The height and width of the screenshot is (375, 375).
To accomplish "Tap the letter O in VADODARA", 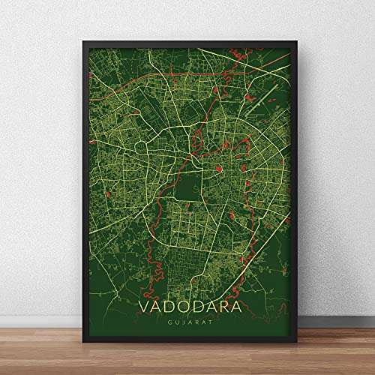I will point(169,310).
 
